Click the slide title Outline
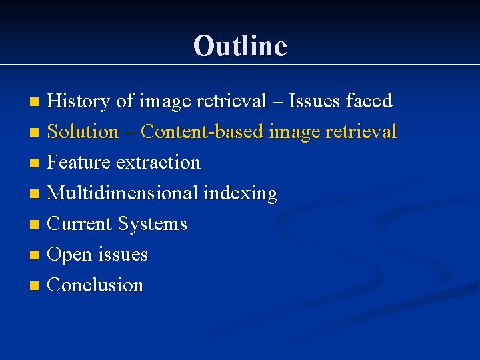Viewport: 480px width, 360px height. coord(240,46)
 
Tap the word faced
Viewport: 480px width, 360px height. coord(369,101)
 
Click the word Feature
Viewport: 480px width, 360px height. coord(79,162)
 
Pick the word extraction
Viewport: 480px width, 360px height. coord(158,162)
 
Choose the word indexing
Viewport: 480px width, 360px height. coord(240,193)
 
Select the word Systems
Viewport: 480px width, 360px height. coord(152,224)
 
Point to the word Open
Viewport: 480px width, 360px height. coord(70,255)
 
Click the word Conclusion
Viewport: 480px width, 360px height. coord(95,285)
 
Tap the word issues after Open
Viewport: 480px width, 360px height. coord(123,254)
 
